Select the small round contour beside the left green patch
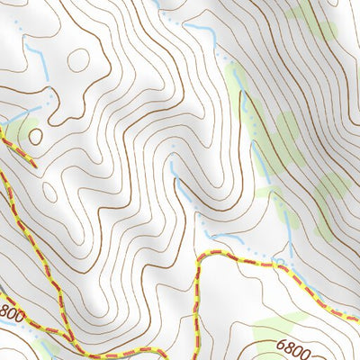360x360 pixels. click(x=35, y=136)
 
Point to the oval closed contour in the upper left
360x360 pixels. click(x=78, y=60)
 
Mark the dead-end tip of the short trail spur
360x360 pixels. click(x=34, y=165)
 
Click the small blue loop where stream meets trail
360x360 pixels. click(x=281, y=263)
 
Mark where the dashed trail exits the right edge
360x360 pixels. click(x=357, y=319)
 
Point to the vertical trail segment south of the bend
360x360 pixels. click(x=196, y=297)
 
